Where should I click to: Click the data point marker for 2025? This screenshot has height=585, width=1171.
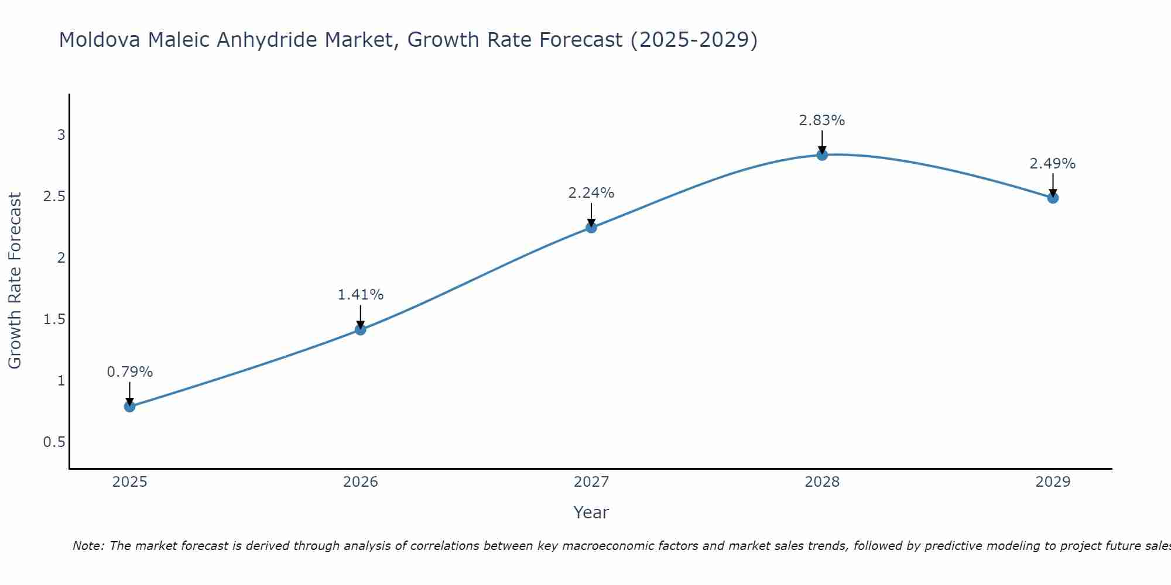(x=129, y=407)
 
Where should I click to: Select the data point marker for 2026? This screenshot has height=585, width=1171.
(x=361, y=330)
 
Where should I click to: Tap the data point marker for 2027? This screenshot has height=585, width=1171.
(x=591, y=228)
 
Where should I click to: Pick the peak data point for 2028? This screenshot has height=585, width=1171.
(x=822, y=155)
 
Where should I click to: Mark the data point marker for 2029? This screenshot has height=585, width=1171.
(x=1053, y=198)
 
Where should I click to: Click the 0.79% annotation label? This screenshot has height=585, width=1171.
(x=129, y=372)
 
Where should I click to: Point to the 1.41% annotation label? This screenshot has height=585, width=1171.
(x=361, y=295)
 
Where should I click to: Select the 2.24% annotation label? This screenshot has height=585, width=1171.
(x=591, y=193)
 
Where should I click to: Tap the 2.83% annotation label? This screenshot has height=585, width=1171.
(x=822, y=121)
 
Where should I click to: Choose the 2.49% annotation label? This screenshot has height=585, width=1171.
(x=1053, y=164)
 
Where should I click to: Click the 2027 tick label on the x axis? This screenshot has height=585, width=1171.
(x=591, y=482)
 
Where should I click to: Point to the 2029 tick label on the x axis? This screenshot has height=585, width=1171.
(x=1053, y=482)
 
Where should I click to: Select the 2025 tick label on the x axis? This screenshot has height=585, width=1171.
(x=129, y=482)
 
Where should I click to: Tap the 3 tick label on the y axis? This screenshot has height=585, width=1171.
(x=61, y=135)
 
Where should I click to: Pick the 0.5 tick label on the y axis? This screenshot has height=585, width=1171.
(x=54, y=442)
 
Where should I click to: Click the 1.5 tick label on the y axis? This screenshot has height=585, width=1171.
(x=54, y=319)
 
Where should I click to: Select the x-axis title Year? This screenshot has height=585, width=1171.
(x=591, y=512)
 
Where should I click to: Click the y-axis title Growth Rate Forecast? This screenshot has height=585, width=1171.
(x=15, y=281)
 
